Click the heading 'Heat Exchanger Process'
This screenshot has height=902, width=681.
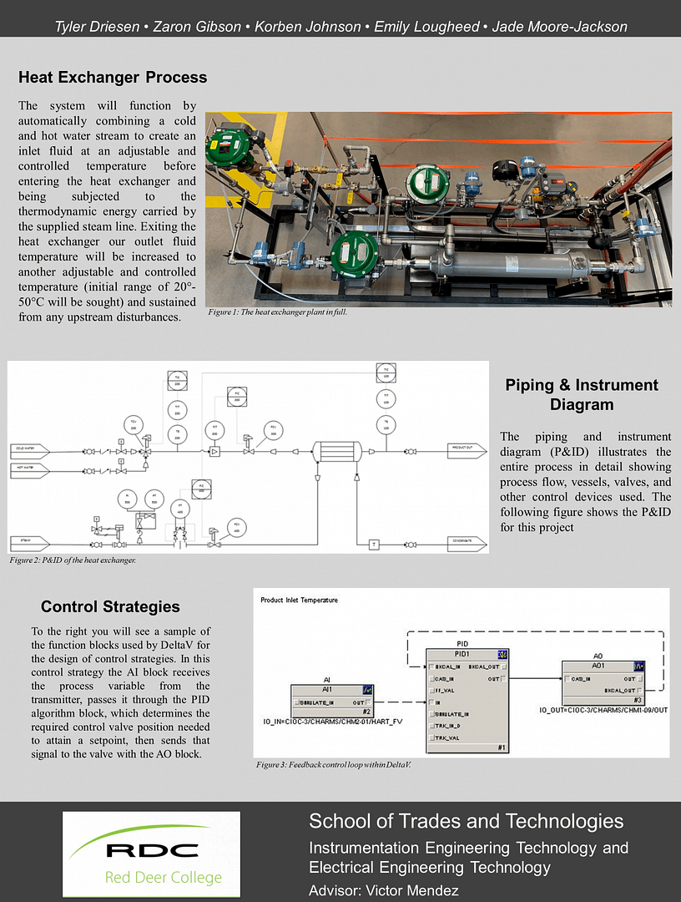(113, 78)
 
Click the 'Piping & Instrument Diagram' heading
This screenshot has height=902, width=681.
(582, 394)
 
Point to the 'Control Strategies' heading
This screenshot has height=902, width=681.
(110, 606)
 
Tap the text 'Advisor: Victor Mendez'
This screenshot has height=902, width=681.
(383, 890)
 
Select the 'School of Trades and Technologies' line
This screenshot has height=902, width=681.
(466, 820)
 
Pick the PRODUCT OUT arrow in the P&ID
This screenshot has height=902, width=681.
(466, 447)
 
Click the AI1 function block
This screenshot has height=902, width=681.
(331, 700)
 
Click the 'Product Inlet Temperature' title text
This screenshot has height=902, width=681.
(299, 600)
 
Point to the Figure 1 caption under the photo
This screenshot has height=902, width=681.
(276, 312)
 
